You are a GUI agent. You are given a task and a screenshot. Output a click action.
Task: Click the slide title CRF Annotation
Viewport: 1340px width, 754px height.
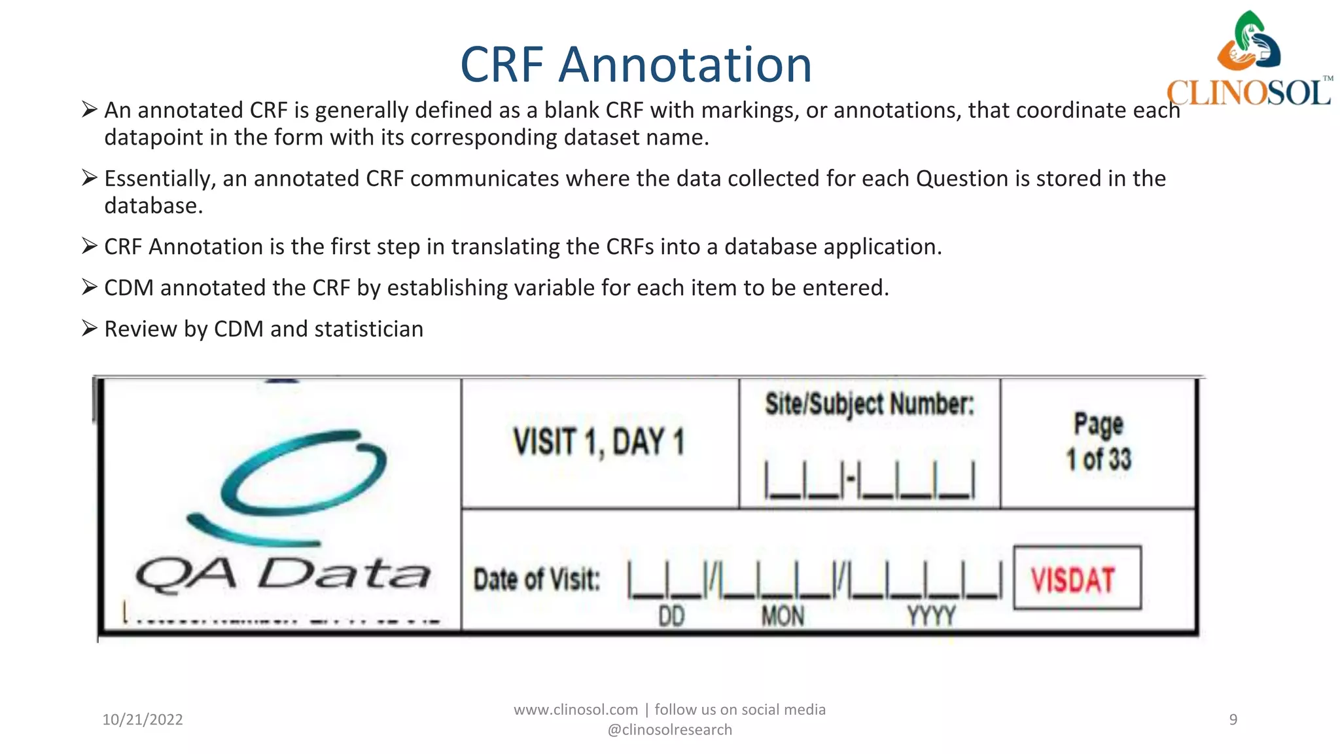point(636,65)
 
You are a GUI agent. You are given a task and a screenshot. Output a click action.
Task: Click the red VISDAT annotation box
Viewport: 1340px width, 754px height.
point(1077,578)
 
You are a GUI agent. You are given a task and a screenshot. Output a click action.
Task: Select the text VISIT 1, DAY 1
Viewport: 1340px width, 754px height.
point(599,442)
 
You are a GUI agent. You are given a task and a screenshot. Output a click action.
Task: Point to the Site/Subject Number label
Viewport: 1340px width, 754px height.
point(870,404)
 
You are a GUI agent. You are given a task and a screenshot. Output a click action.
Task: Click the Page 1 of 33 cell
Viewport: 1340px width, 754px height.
point(1099,442)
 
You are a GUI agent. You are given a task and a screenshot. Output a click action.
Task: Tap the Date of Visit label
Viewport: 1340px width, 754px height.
point(537,579)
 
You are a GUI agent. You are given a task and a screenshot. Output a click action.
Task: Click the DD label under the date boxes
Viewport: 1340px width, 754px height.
point(671,616)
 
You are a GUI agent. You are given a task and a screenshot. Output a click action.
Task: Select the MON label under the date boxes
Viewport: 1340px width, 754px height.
point(783,616)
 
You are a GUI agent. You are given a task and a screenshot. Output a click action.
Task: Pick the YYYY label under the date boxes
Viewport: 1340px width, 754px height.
point(931,616)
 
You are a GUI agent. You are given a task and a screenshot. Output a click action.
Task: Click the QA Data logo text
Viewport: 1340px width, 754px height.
point(283,575)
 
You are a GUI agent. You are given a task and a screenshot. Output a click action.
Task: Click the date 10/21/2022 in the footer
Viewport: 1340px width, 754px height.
point(143,719)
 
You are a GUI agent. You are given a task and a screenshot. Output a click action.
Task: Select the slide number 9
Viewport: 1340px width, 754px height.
point(1233,719)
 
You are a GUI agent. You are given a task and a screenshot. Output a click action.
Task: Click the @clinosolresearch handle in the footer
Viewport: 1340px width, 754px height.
point(669,730)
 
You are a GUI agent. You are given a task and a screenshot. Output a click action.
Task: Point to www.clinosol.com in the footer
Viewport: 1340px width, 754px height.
point(575,709)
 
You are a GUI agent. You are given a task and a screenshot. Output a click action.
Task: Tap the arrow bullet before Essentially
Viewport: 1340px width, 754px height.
point(90,177)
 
